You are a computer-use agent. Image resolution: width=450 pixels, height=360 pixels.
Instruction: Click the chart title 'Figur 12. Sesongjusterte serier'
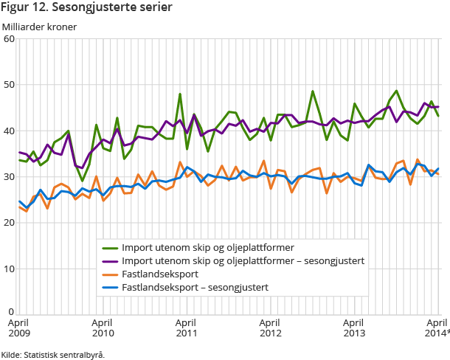pos(87,9)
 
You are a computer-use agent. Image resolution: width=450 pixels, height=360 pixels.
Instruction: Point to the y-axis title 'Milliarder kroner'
pos(39,27)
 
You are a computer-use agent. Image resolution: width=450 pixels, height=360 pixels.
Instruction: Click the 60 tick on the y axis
pos(10,39)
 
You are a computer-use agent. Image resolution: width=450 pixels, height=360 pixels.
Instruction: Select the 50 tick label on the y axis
pos(10,85)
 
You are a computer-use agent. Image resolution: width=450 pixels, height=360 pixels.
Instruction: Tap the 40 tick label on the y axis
pos(10,131)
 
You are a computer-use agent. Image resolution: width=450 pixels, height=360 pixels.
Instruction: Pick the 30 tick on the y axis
pos(10,177)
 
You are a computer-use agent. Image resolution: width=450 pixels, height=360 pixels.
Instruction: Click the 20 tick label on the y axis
pos(10,223)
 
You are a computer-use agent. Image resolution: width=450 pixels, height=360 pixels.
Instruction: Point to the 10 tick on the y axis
pos(10,269)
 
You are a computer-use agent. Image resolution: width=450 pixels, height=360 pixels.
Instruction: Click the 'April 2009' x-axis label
pos(19,328)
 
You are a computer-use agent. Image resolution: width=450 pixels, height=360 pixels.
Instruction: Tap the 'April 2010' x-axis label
pos(103,328)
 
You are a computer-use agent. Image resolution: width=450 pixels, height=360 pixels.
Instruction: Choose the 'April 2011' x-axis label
pos(187,328)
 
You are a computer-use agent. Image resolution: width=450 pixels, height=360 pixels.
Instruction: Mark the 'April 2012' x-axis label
pos(271,328)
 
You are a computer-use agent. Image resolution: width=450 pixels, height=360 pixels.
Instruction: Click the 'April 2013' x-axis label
pos(355,328)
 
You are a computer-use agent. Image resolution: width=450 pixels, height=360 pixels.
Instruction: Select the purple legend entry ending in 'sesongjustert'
pos(243,260)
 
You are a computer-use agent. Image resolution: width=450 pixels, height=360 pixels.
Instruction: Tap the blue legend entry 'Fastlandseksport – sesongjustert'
pos(194,287)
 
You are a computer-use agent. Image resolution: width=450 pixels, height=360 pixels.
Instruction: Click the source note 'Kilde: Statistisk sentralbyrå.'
pos(52,354)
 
